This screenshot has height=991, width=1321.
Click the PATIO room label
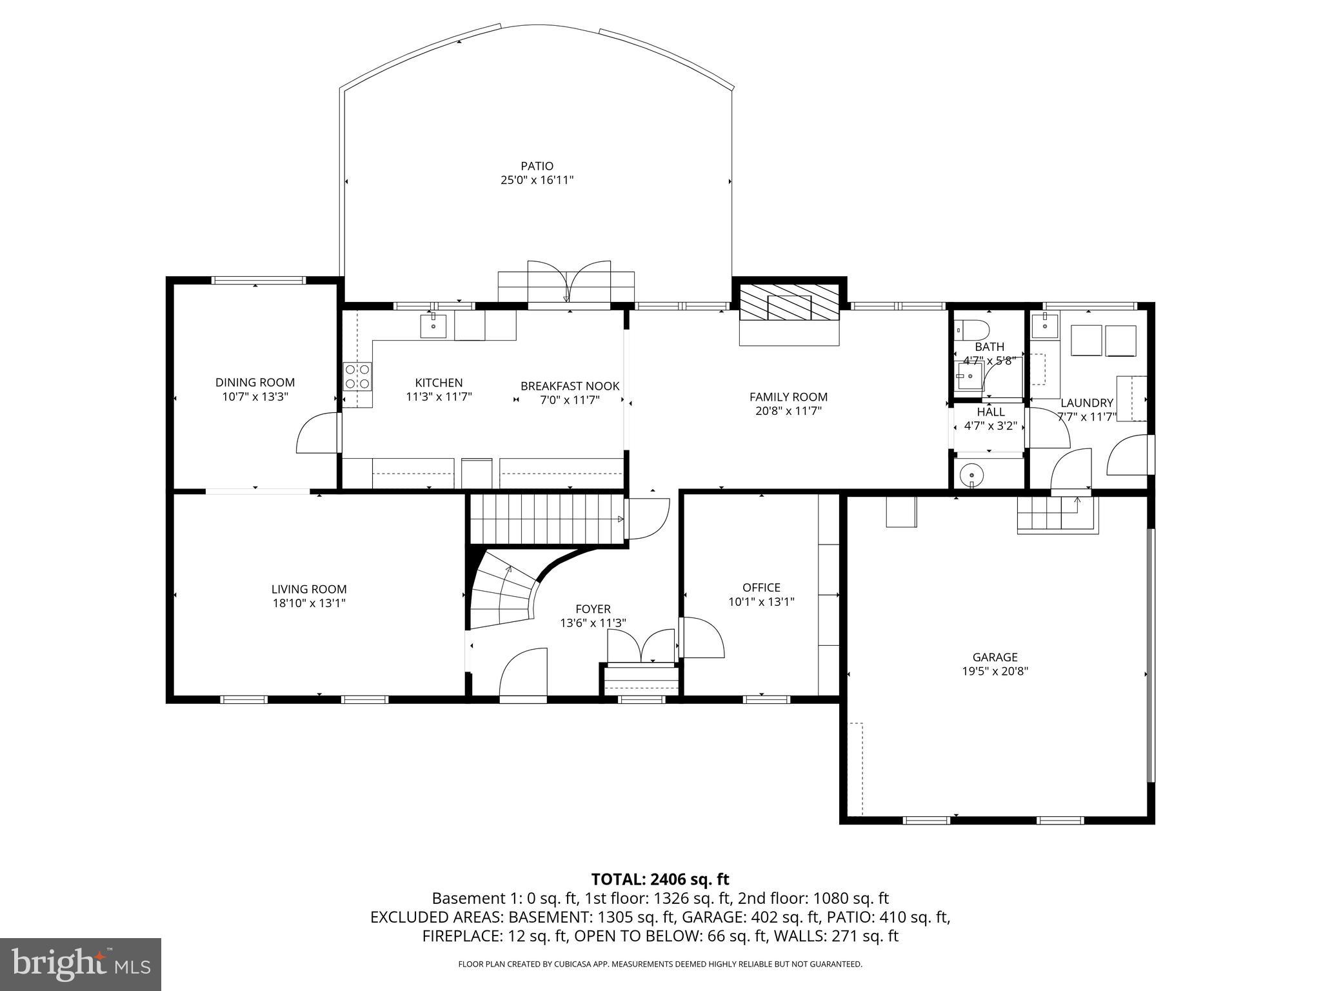(x=537, y=166)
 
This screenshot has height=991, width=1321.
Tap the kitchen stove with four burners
(x=358, y=376)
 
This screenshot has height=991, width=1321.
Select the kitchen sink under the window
(x=433, y=326)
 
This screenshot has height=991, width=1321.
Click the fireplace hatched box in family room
(x=790, y=302)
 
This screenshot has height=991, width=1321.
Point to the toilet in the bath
(x=973, y=330)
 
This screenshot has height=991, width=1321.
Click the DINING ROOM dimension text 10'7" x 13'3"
(x=255, y=397)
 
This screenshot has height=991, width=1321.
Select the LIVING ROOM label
(x=308, y=589)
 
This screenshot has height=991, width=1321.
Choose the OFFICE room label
(x=761, y=587)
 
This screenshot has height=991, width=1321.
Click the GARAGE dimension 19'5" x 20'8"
(x=995, y=671)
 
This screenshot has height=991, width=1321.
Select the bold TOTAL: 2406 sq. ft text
(x=660, y=879)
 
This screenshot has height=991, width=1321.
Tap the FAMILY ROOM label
(x=788, y=397)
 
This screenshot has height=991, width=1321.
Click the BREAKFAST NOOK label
(x=570, y=386)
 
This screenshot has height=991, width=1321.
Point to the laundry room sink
(x=1044, y=325)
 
